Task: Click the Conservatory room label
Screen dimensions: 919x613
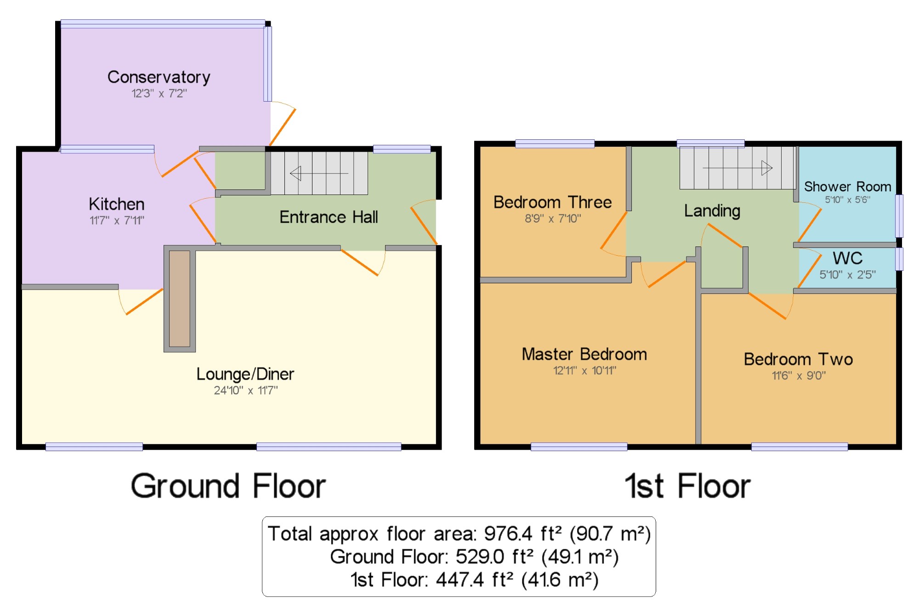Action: click(159, 77)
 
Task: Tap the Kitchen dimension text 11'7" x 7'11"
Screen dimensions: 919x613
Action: click(117, 220)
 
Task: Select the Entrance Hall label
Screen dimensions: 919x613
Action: click(329, 217)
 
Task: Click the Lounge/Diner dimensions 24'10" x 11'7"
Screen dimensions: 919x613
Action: click(246, 390)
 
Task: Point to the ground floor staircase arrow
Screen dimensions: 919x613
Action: click(319, 173)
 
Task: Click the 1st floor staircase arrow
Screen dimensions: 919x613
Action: click(737, 168)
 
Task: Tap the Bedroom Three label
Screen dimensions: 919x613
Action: click(553, 202)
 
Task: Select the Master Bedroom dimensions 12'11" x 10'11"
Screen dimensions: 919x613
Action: click(584, 370)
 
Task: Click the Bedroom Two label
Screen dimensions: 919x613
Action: click(799, 359)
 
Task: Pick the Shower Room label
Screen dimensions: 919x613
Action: click(848, 187)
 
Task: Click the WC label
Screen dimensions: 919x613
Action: click(848, 258)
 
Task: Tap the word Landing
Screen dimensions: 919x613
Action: click(712, 211)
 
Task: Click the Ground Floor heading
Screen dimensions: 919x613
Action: click(228, 486)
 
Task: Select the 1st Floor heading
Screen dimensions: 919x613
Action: click(688, 486)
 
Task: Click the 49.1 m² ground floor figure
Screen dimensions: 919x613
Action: click(580, 557)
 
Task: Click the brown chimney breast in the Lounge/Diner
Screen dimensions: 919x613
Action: click(180, 298)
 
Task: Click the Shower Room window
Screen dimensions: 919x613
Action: click(899, 216)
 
